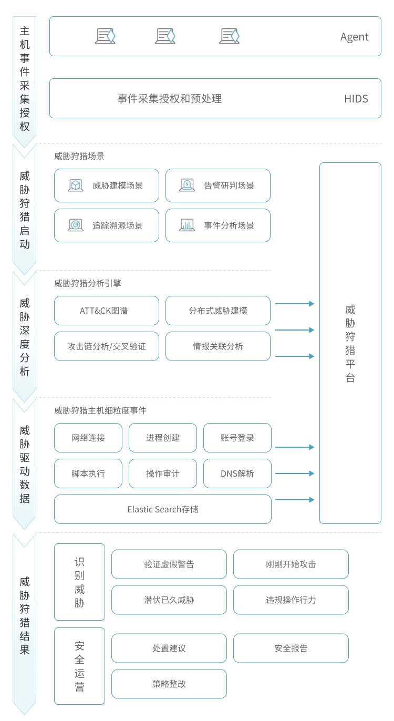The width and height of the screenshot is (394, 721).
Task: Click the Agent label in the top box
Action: [x=354, y=37]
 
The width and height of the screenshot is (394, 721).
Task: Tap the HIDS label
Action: [x=356, y=99]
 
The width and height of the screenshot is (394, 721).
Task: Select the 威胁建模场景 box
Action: [x=107, y=186]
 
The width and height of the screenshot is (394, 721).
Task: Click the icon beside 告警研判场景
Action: [x=187, y=185]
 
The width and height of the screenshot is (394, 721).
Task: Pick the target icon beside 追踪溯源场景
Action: [x=76, y=225]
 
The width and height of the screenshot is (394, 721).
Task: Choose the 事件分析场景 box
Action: [x=218, y=225]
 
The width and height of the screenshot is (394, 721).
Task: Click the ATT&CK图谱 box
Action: [x=107, y=311]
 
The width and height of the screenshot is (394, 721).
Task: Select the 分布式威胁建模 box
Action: [x=218, y=311]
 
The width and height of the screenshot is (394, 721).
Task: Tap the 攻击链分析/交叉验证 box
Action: [x=107, y=346]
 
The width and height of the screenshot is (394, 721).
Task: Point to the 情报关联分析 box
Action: [x=218, y=346]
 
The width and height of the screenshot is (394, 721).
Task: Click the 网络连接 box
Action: [x=88, y=438]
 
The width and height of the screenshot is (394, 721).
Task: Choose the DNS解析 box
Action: [x=237, y=473]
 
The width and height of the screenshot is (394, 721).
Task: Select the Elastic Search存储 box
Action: [x=163, y=509]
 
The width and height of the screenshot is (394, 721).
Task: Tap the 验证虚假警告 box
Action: [x=169, y=564]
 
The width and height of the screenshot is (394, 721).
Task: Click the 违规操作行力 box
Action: [x=291, y=600]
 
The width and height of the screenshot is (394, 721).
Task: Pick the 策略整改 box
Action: [x=169, y=684]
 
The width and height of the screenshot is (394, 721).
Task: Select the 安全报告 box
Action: [x=291, y=648]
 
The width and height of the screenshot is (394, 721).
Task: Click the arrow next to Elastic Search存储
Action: [x=295, y=500]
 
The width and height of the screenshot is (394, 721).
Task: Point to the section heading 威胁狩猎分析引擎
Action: [x=88, y=283]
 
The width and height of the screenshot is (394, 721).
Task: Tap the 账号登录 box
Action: [x=237, y=438]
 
